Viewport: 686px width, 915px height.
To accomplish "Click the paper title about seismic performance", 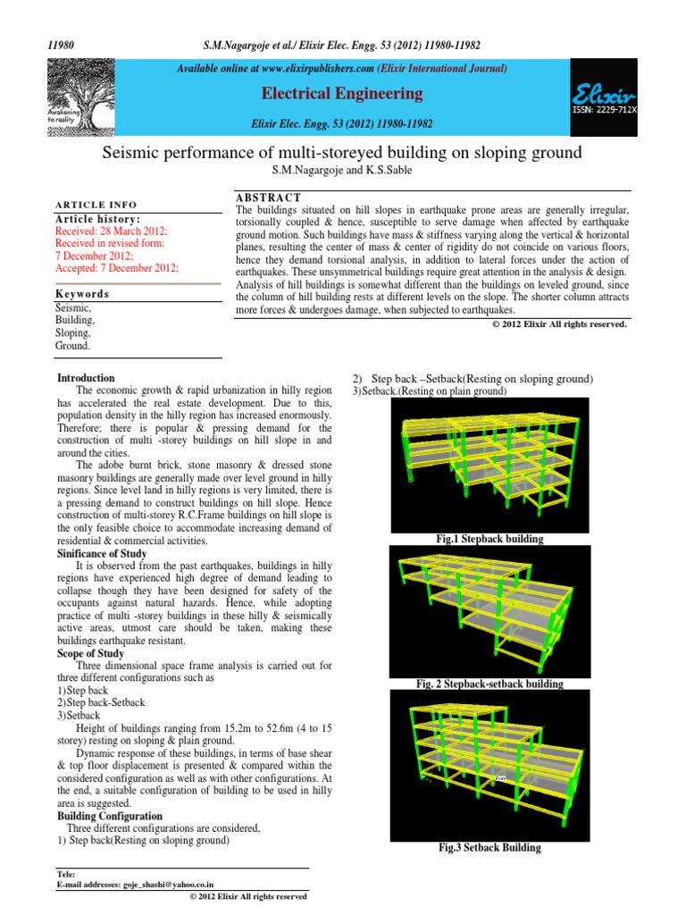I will [343, 154].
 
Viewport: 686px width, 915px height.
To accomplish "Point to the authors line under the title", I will [343, 171].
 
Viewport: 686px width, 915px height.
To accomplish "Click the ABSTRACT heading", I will [268, 197].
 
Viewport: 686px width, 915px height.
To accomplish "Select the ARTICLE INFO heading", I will [96, 205].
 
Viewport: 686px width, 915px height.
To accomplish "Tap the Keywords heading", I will [82, 293].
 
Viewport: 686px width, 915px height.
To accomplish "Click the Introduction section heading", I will [86, 379].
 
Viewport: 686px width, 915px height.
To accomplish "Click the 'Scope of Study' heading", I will [91, 653].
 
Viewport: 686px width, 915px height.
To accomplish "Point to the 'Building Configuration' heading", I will [110, 816].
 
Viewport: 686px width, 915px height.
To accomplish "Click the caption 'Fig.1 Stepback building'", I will [490, 540].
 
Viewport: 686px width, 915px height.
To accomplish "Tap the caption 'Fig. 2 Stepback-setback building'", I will [490, 684].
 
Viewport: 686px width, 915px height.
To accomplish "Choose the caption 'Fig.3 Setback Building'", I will [490, 848].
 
